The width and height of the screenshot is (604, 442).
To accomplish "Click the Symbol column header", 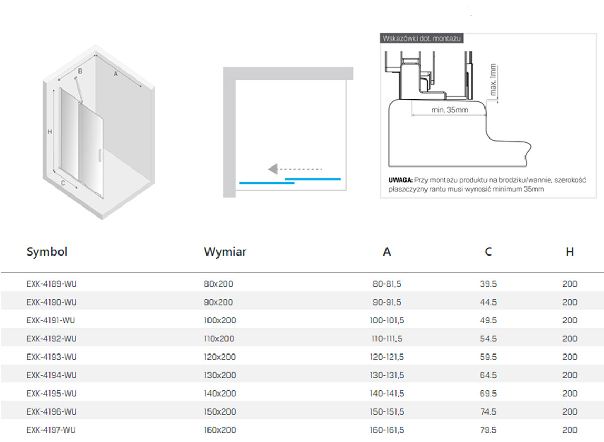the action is click(x=47, y=252).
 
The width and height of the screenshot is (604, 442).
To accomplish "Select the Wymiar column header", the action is click(x=225, y=252).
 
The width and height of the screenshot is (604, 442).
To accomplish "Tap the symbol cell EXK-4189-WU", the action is click(x=52, y=284).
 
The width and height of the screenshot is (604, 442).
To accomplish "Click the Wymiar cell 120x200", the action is click(x=220, y=357).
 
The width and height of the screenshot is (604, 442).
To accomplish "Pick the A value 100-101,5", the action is click(x=387, y=320).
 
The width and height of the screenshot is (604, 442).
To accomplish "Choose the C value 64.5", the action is click(x=488, y=375).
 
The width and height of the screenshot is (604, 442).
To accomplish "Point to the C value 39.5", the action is click(x=488, y=284).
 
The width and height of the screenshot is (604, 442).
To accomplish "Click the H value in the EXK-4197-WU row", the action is click(x=570, y=430).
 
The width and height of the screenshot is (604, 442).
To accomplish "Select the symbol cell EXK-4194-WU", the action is click(x=52, y=375).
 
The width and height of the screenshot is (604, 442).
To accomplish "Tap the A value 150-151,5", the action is click(x=387, y=411).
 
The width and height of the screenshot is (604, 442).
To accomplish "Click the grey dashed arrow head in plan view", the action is click(x=273, y=169).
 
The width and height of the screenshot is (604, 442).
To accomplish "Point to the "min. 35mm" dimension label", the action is click(x=450, y=110).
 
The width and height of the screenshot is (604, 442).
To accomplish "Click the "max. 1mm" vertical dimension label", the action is click(x=493, y=80).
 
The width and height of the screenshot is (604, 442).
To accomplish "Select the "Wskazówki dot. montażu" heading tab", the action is click(x=421, y=38).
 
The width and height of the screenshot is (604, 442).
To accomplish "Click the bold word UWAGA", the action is click(x=401, y=180).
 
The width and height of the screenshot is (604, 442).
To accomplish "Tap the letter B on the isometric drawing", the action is click(x=80, y=71).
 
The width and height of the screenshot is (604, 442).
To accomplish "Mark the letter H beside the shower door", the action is click(x=49, y=132).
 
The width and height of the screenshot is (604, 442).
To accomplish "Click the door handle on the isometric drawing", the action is click(x=100, y=155).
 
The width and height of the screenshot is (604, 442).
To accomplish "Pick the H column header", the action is click(x=570, y=252).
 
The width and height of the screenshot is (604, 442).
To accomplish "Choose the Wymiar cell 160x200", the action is click(x=220, y=430).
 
